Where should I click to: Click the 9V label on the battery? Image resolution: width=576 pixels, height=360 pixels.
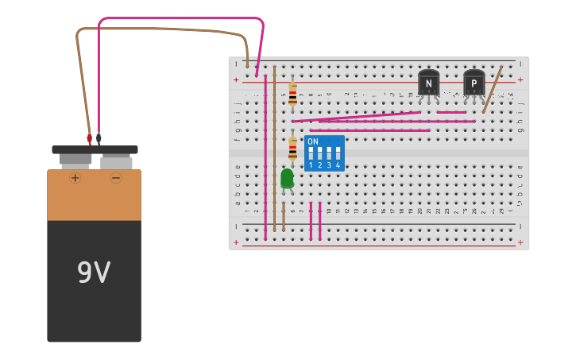[94, 273]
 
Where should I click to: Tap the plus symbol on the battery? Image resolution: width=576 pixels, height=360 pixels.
[75, 178]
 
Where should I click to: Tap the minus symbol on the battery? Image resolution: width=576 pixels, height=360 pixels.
[116, 178]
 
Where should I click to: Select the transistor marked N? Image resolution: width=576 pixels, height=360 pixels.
[428, 83]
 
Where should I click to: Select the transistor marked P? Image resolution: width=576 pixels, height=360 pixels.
[474, 83]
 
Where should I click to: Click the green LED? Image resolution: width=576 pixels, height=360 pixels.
[287, 179]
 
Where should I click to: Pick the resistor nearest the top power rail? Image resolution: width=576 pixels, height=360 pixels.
[292, 94]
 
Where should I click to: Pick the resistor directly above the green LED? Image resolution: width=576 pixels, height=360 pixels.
[292, 148]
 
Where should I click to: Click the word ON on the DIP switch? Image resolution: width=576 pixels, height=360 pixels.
[312, 141]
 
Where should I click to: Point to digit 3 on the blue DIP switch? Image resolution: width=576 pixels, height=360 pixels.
[329, 165]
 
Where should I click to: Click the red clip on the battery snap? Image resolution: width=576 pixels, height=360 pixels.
[89, 140]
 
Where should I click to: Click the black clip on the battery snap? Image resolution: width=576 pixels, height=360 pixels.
[99, 139]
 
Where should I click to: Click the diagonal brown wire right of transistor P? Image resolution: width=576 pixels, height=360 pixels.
[493, 90]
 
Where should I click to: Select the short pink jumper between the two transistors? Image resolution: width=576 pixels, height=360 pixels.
[451, 112]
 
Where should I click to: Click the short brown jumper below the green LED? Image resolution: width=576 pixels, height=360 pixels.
[284, 215]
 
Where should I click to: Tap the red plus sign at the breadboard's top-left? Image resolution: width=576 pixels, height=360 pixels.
[235, 79]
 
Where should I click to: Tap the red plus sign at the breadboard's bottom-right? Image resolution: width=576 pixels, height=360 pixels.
[520, 242]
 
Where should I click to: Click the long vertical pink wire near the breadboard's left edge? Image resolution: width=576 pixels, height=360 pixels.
[265, 159]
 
